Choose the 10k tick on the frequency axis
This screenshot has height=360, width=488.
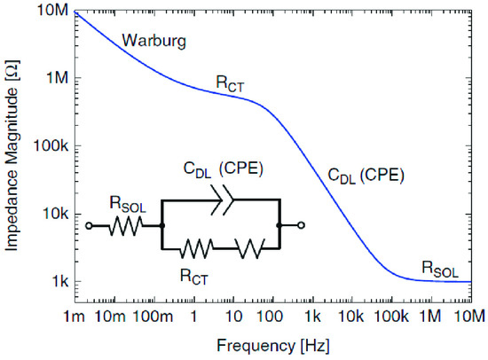[x=352, y=317]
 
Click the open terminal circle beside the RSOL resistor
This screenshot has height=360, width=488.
[x=89, y=226]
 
